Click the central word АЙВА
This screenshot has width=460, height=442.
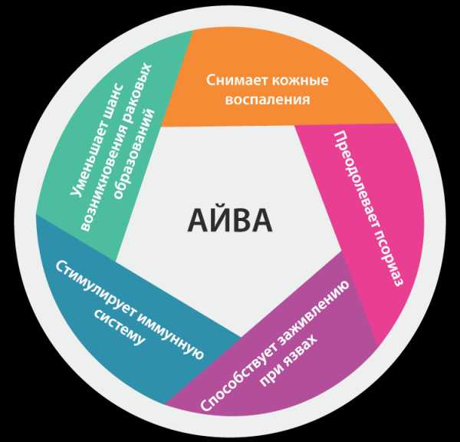pos(230,219)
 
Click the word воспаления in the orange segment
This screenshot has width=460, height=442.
pos(268,100)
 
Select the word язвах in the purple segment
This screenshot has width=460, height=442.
pos(303,348)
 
